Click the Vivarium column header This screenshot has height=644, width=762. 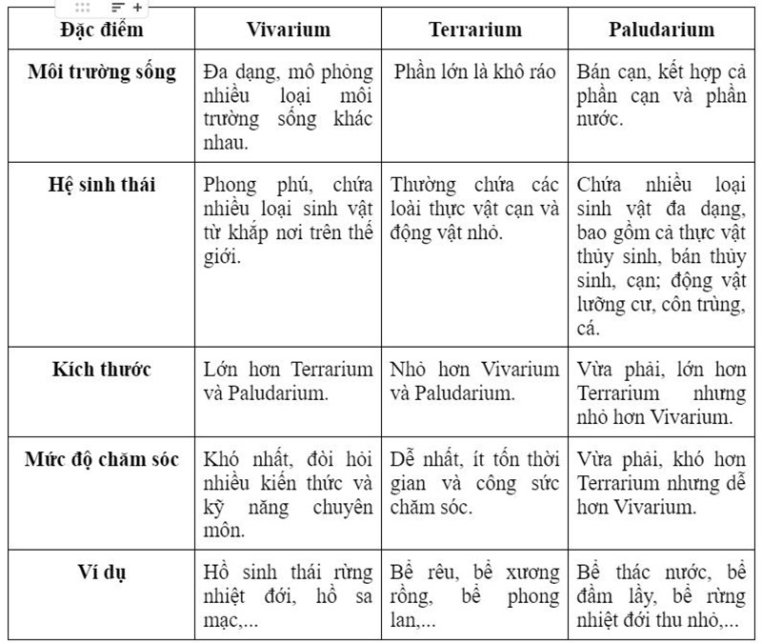(288, 30)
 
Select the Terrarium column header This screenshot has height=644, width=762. (475, 30)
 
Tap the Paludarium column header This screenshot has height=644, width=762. (661, 30)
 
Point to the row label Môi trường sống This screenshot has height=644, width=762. (102, 72)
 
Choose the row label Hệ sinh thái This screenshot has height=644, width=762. (102, 184)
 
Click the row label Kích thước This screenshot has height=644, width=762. (102, 369)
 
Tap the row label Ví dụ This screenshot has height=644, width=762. (102, 572)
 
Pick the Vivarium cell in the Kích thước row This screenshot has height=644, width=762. (288, 381)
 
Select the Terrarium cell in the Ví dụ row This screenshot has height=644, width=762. (475, 595)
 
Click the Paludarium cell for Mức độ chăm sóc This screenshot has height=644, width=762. (661, 483)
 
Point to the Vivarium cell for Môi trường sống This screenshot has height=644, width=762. (288, 107)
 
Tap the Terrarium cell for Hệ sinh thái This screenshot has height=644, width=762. (475, 208)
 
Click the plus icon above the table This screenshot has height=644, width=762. (137, 7)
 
